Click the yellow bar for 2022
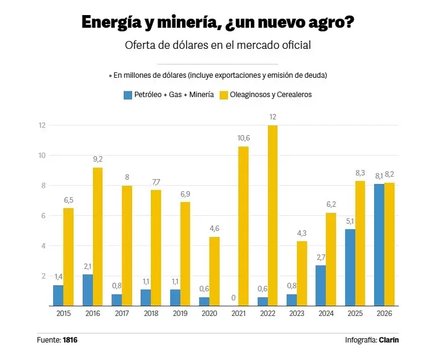point(273,216)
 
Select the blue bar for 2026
point(379,245)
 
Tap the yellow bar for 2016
point(98,236)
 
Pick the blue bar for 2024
point(321,285)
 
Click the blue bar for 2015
point(58,295)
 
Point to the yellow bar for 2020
point(214,271)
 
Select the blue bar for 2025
point(350,268)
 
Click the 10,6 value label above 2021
point(244,138)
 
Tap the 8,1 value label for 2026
point(379,175)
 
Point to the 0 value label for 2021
point(233,298)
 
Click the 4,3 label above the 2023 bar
point(302,233)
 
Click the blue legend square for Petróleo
point(128,95)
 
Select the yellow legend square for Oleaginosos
point(224,95)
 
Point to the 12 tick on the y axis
point(42,125)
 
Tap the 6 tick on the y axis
point(43,216)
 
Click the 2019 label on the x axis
point(180,314)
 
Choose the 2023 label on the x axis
point(297,314)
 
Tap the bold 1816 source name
point(70,340)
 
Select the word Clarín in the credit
point(389,340)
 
